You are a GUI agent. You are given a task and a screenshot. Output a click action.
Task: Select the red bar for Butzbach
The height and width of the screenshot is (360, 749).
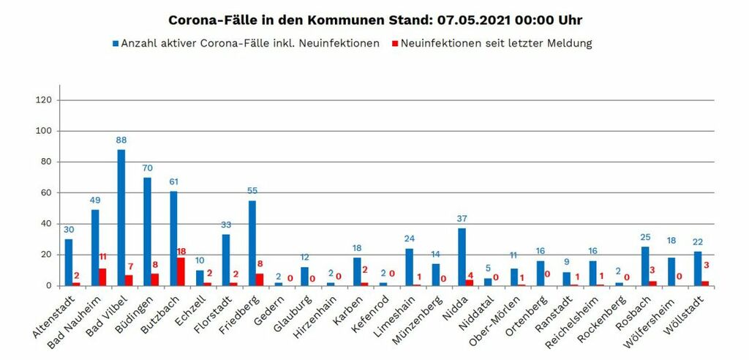tap(181, 271)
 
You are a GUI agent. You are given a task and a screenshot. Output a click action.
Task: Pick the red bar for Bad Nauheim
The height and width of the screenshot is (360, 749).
tap(102, 277)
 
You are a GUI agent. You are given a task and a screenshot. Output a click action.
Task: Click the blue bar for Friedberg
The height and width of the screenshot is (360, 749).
tap(252, 243)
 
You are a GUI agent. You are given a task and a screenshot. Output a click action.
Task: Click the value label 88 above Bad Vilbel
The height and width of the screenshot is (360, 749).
tap(121, 139)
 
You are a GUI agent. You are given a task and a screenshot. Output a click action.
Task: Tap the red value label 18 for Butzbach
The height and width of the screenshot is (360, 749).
tap(181, 251)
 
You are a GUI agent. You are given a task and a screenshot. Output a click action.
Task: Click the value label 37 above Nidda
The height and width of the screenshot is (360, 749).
tap(462, 218)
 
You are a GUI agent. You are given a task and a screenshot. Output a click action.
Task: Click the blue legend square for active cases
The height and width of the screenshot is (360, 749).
tap(116, 44)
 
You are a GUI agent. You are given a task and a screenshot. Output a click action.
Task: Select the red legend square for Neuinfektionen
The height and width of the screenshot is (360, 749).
tap(394, 44)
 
